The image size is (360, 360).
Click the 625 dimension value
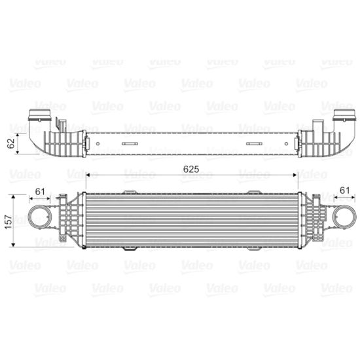(x=191, y=170)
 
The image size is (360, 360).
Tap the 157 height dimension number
(x=9, y=222)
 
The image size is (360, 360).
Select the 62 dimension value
(x=10, y=143)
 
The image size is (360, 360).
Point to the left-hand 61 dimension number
(x=40, y=191)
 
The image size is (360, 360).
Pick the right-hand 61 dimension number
(x=344, y=190)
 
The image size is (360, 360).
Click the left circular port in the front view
(x=39, y=217)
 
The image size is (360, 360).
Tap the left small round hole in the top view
(x=98, y=144)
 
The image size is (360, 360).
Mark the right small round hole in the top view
(x=286, y=144)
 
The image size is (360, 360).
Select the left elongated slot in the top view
(x=130, y=144)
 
